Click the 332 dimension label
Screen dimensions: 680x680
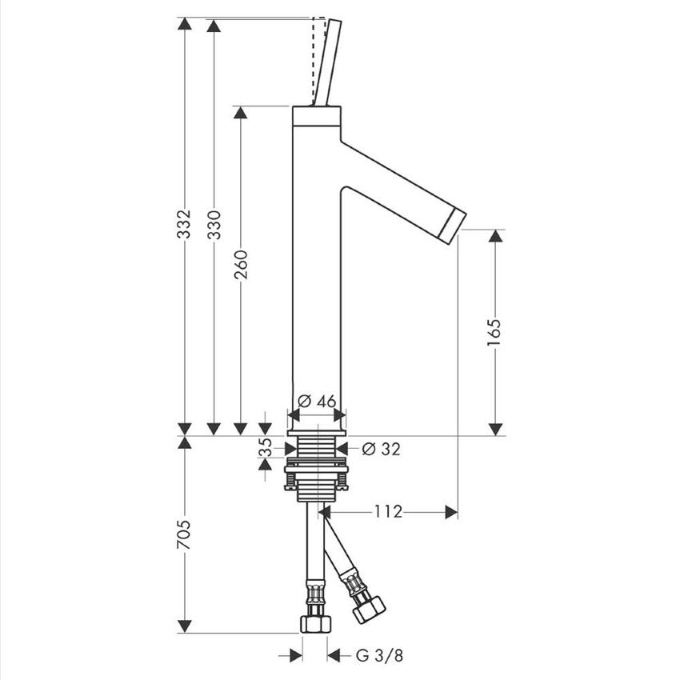click(185, 224)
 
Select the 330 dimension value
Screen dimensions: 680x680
click(214, 225)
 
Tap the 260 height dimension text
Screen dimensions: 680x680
click(241, 265)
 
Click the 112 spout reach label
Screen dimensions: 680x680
click(388, 512)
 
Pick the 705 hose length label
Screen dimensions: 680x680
click(184, 534)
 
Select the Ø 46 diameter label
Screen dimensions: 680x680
click(318, 401)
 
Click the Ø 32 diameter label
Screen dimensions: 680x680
click(381, 450)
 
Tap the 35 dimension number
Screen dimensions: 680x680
click(265, 447)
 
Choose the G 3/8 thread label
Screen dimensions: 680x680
click(379, 655)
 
